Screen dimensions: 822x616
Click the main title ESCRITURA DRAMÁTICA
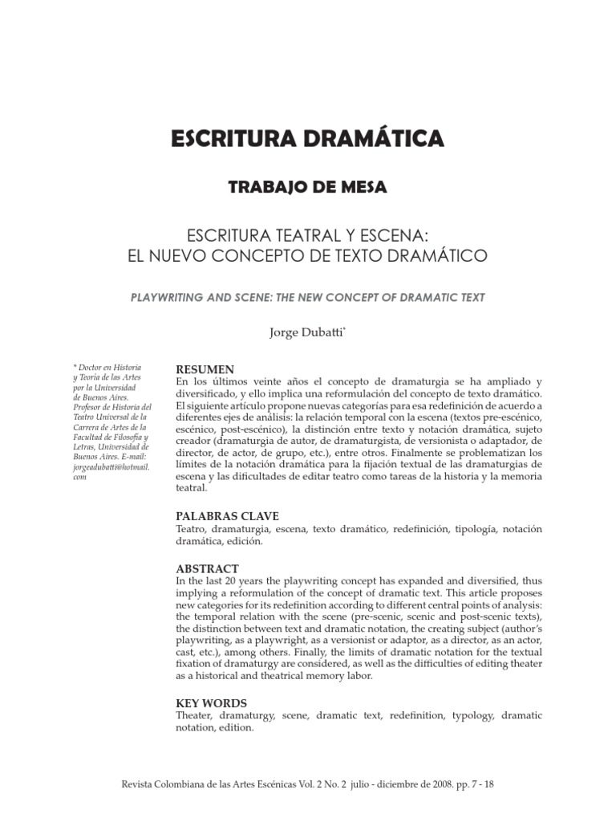click(x=307, y=138)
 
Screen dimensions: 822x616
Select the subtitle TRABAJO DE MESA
click(x=308, y=188)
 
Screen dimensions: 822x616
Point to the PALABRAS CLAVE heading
click(x=227, y=516)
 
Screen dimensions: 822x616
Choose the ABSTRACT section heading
click(x=207, y=569)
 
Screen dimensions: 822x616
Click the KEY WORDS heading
click(x=212, y=703)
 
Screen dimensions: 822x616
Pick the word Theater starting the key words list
click(x=196, y=715)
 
